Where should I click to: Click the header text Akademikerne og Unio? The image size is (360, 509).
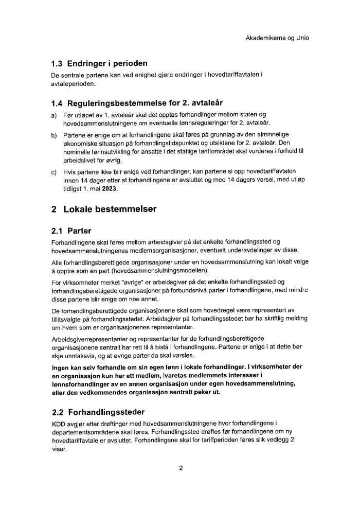[x=277, y=38]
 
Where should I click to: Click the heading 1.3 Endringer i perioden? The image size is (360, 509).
[x=99, y=64]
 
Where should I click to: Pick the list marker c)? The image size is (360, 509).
[x=53, y=171]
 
